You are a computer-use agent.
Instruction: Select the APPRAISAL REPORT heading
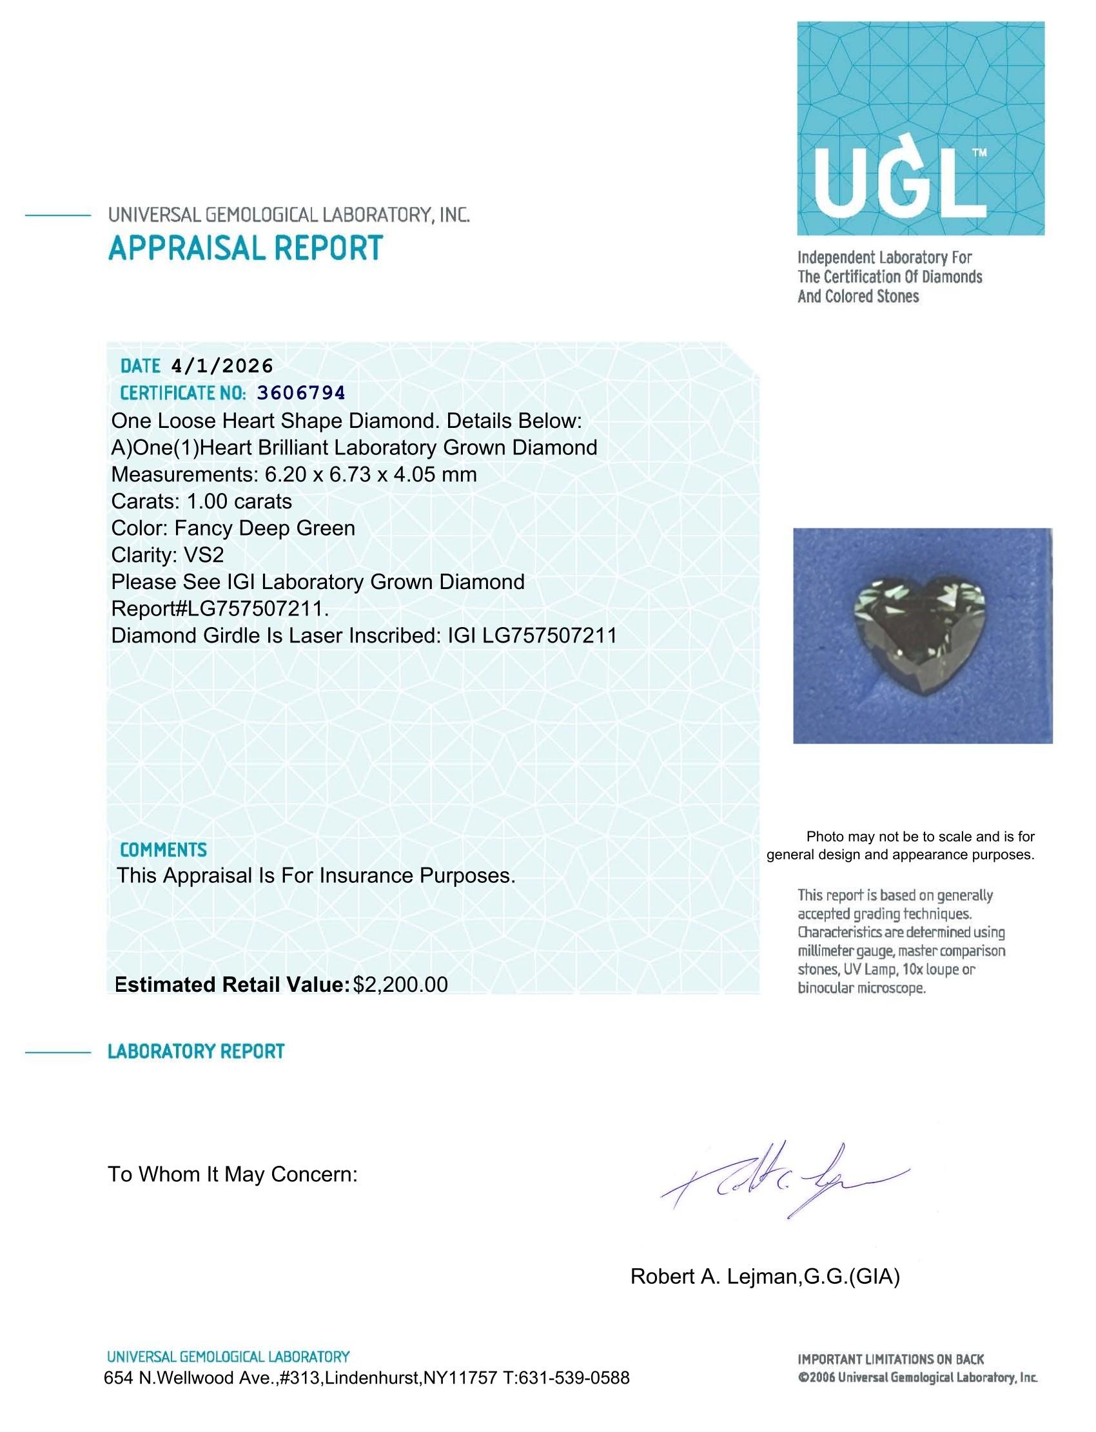click(x=245, y=249)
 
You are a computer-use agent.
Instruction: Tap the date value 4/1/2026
click(x=222, y=366)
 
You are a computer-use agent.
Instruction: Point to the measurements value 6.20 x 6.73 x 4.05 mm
click(x=371, y=475)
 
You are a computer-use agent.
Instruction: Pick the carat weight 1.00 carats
click(x=239, y=501)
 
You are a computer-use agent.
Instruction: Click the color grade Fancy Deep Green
click(x=265, y=528)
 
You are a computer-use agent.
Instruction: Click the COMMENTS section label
click(x=163, y=850)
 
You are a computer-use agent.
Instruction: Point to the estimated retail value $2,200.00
click(x=400, y=985)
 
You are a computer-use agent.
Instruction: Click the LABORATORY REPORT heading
click(x=196, y=1052)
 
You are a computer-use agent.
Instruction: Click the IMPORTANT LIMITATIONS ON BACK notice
click(x=890, y=1360)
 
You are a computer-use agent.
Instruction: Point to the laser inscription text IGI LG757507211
click(x=533, y=636)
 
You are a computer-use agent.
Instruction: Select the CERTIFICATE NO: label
click(x=182, y=393)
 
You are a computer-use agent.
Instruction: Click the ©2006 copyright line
click(x=917, y=1378)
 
